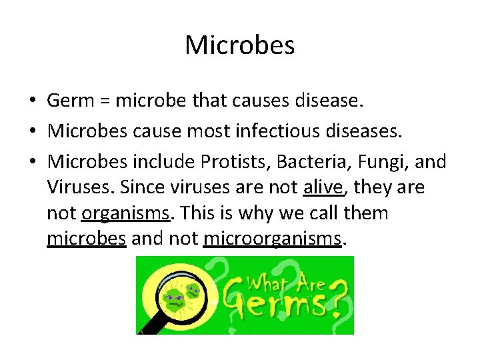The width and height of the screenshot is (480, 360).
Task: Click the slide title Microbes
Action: (x=239, y=45)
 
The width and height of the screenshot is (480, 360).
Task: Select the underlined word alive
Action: (x=323, y=188)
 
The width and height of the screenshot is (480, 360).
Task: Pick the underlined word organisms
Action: (x=124, y=213)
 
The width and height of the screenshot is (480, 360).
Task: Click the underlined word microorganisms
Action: (x=272, y=238)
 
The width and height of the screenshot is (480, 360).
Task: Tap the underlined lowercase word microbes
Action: (x=87, y=238)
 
